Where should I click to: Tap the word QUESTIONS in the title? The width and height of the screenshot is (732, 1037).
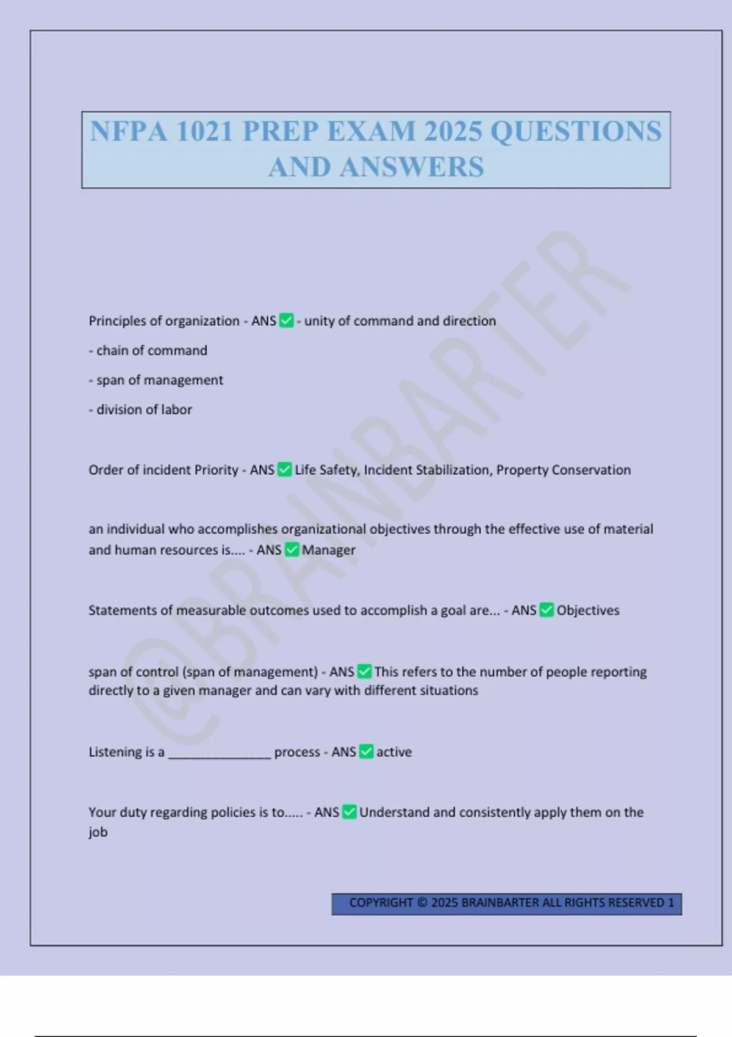point(576,131)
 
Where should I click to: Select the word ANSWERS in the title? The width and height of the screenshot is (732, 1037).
point(412,167)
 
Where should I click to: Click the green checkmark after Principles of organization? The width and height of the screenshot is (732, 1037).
point(287,320)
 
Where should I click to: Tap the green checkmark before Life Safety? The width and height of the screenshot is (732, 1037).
point(285,470)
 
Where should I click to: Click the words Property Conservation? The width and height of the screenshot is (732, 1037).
point(564,470)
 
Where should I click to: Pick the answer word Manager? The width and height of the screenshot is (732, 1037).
point(328,550)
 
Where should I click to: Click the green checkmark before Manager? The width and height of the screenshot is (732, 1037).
point(292,550)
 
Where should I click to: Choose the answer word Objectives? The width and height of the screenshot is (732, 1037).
point(587,611)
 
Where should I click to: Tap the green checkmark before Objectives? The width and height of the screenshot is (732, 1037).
point(547,610)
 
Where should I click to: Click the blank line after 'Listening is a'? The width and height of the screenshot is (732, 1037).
point(220,754)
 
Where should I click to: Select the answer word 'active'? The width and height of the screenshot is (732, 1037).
point(393,752)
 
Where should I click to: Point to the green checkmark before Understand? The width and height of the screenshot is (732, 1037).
point(350,812)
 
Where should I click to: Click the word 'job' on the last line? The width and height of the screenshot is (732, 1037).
point(98,832)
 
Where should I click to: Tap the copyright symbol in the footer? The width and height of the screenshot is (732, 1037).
point(422,903)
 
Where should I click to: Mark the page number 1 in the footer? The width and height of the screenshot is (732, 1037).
point(671,903)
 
